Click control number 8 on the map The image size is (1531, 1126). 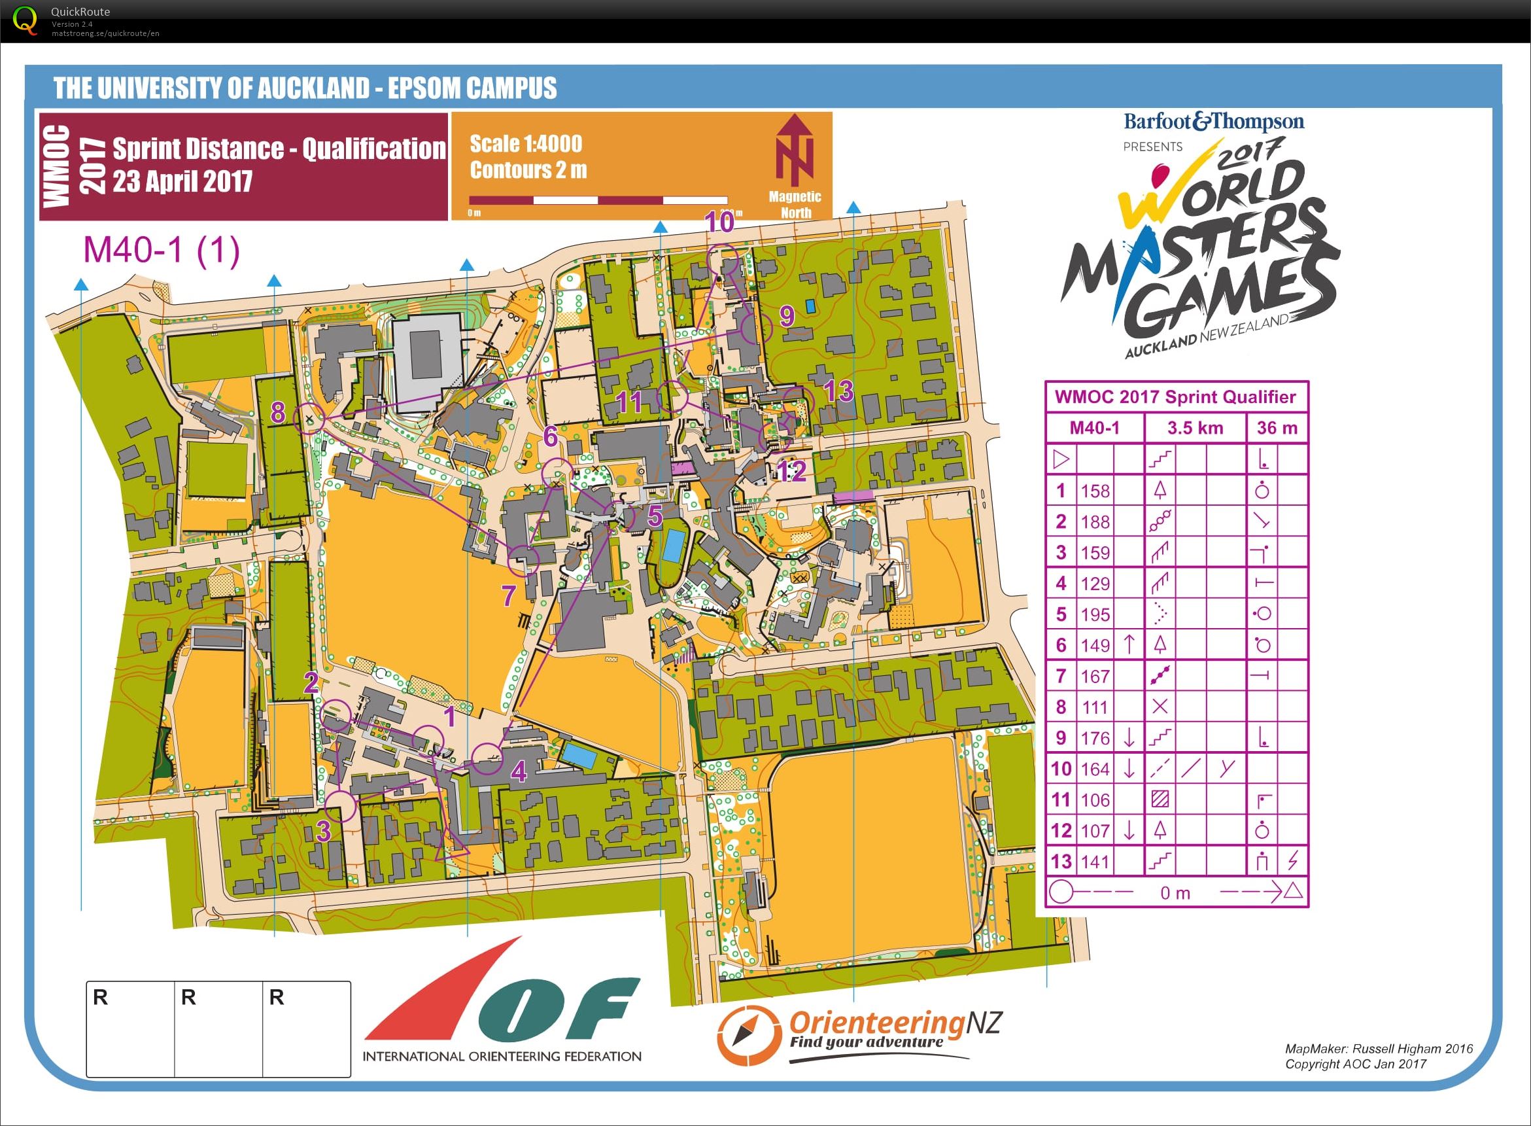click(277, 412)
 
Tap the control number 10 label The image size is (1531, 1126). click(719, 223)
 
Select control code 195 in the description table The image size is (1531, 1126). click(1095, 614)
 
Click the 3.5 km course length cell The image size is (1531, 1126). click(1195, 428)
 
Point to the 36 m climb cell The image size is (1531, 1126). click(1277, 428)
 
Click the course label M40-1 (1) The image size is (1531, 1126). click(162, 250)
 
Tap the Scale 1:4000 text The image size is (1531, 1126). click(526, 144)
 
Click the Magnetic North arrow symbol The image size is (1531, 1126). click(795, 150)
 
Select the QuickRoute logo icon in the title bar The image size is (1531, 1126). click(26, 20)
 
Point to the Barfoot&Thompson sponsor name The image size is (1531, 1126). click(1214, 122)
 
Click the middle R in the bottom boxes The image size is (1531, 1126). click(189, 998)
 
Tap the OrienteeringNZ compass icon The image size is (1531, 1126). click(748, 1034)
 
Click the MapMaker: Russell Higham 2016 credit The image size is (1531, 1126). click(1379, 1049)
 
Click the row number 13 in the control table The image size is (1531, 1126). click(1061, 862)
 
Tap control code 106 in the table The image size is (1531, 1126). click(1095, 800)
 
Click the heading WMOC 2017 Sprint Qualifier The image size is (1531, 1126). click(1175, 397)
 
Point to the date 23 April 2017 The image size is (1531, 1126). click(182, 181)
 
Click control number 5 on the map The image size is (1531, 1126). click(654, 516)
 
